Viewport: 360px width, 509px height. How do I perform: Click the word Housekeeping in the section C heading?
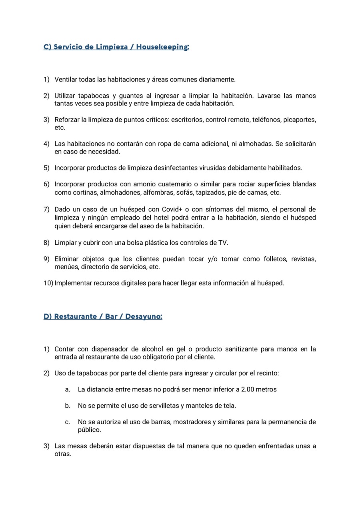pos(162,47)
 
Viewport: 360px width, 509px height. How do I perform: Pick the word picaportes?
pos(300,120)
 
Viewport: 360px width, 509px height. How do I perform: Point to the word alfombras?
pos(156,193)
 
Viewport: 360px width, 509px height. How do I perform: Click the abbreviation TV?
pos(223,243)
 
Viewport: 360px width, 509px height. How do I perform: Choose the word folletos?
pos(275,259)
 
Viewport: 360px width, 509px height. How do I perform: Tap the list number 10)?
pos(48,283)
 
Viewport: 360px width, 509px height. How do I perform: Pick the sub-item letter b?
pos(68,406)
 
